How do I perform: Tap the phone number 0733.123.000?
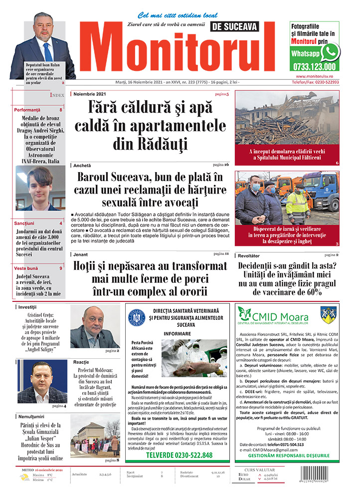click(315, 66)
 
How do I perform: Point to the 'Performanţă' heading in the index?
click(27, 110)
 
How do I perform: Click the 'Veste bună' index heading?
click(26, 268)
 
